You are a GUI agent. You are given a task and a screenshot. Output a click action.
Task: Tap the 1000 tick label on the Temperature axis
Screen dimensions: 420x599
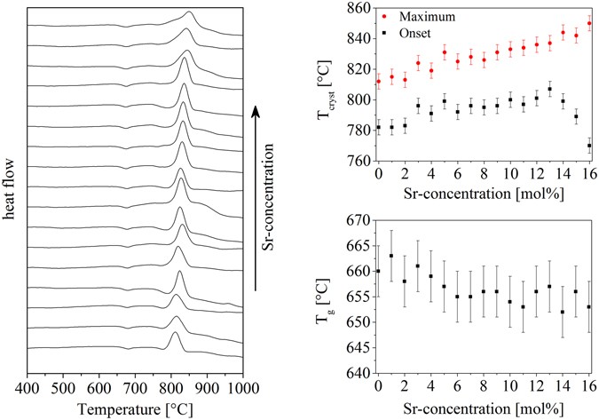point(242,389)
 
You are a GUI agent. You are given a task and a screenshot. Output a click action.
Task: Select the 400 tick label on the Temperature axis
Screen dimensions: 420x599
point(28,389)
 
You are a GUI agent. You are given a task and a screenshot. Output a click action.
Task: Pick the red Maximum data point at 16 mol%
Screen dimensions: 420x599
point(589,24)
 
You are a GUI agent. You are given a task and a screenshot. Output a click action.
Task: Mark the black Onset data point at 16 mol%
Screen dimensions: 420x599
point(589,146)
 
